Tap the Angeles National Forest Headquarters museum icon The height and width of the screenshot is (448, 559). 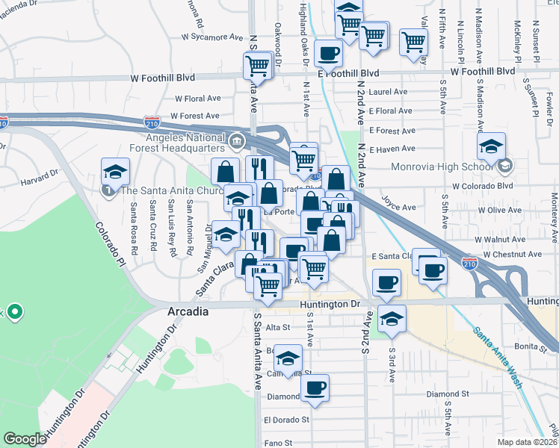[x=238, y=140]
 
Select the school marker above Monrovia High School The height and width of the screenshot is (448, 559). [x=491, y=147]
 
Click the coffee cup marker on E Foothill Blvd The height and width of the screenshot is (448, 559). [x=328, y=55]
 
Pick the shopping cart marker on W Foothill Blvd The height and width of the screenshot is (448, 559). [x=258, y=66]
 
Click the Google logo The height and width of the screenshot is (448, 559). [x=25, y=439]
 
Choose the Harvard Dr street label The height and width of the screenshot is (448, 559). [x=39, y=179]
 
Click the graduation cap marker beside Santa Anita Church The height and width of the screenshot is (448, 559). [x=115, y=173]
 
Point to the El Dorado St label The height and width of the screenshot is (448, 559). [x=287, y=420]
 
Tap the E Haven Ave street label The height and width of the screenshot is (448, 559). [x=392, y=149]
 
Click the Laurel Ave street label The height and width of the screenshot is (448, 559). [x=388, y=93]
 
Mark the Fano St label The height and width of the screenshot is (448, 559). [x=277, y=443]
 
